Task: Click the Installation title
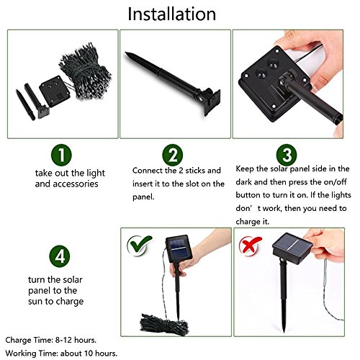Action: (172, 14)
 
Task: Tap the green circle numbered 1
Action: (61, 155)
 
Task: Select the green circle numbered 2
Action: (173, 155)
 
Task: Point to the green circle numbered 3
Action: (287, 155)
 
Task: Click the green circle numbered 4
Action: (60, 256)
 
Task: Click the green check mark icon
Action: (139, 246)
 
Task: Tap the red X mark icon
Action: (250, 245)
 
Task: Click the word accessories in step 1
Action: (76, 184)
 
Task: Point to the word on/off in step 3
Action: (335, 182)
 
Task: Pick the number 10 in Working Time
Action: (89, 354)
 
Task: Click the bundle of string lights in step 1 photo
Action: (85, 71)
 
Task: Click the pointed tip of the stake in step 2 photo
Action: (126, 53)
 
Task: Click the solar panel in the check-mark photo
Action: (179, 248)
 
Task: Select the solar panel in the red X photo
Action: (292, 248)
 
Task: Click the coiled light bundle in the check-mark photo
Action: (164, 323)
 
